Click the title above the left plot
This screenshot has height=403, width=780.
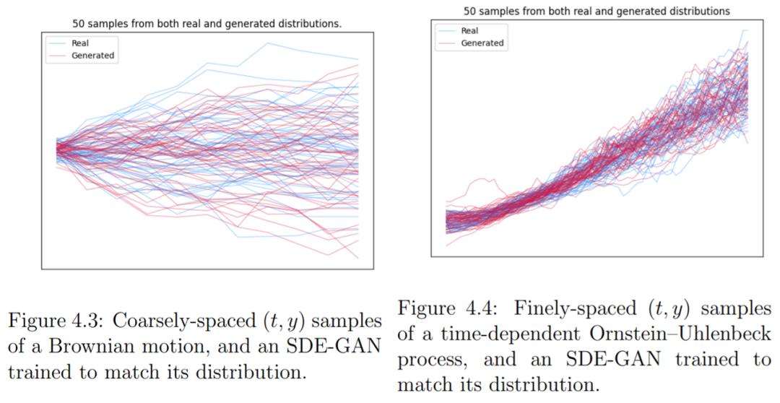[x=207, y=24]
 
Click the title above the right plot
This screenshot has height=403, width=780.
[x=597, y=11]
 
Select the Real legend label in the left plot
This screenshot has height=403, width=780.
[x=80, y=43]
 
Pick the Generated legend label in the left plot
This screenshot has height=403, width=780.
[x=92, y=56]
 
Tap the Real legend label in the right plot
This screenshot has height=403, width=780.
[x=469, y=31]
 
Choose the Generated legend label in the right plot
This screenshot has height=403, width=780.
[x=482, y=43]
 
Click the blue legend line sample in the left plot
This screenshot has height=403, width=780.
[x=58, y=43]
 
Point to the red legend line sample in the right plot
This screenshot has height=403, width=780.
[x=447, y=43]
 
